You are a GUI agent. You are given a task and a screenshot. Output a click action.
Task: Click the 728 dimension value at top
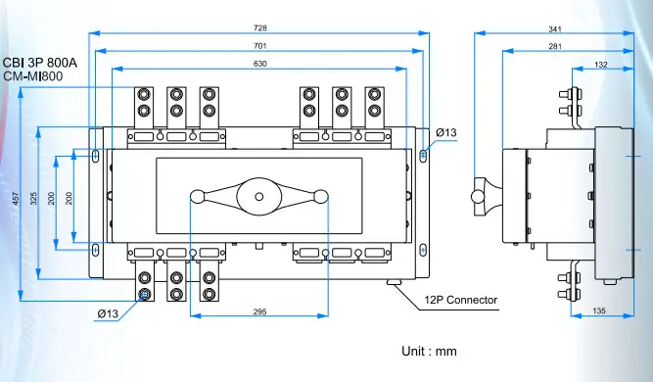tap(259, 28)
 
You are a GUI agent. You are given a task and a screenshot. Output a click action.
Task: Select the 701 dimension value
tap(259, 46)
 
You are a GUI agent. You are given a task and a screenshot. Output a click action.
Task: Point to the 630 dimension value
tap(259, 65)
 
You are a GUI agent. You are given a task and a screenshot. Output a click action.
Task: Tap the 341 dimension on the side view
tap(555, 28)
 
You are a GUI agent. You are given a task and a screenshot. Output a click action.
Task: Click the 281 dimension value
tap(555, 46)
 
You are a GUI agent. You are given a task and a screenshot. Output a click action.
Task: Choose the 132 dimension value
tap(600, 65)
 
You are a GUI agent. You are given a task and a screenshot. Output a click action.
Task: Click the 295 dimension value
tap(259, 312)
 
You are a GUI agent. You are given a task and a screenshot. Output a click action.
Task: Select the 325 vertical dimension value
tap(34, 198)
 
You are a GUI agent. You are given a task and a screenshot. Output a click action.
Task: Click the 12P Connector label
tap(461, 300)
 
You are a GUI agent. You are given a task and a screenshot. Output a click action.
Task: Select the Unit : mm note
tap(429, 350)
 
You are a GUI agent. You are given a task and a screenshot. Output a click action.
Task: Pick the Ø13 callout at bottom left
tap(108, 313)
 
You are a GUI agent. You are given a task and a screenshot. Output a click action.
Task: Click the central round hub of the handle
tap(259, 197)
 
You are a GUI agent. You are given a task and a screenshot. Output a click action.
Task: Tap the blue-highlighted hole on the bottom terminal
tap(145, 295)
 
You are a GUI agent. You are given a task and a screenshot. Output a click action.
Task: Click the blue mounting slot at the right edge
tap(423, 156)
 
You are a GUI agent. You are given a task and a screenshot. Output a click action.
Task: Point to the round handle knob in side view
tap(479, 196)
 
